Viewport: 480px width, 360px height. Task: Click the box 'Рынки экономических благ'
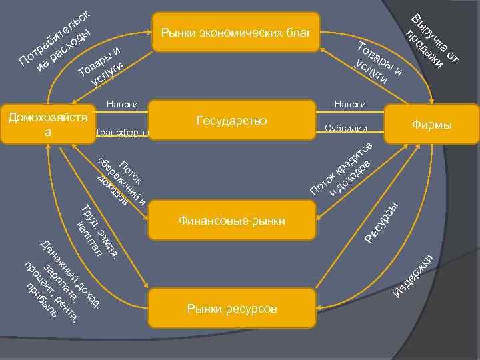235,31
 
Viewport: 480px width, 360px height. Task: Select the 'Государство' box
231,121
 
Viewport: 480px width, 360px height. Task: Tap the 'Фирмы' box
431,125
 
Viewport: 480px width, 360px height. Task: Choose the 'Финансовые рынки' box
231,221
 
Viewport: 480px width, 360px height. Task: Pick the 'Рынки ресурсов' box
231,309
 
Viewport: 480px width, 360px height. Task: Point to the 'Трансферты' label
121,132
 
